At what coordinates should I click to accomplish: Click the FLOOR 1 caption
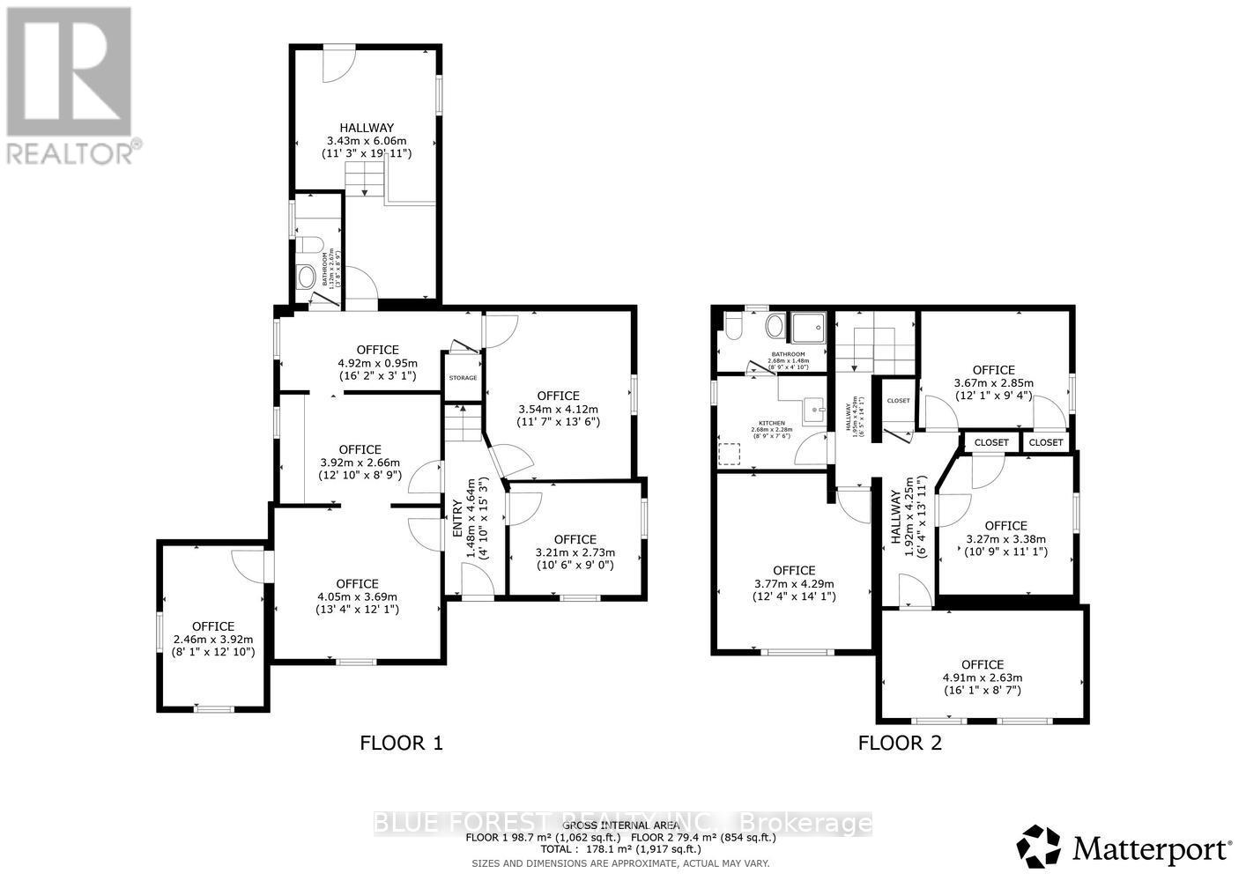pos(401,743)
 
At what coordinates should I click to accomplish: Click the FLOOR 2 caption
pos(900,743)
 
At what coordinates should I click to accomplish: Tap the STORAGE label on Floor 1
pos(463,378)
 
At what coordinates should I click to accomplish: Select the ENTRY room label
pos(457,519)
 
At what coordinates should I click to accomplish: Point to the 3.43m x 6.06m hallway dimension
pos(366,141)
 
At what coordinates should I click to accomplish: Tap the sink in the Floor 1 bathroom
pos(307,278)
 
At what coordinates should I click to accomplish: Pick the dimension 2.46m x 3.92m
pos(212,640)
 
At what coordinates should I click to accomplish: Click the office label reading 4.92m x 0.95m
pos(377,363)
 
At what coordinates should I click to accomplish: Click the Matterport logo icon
pos(1040,847)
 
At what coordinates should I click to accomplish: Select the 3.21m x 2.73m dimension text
pos(575,552)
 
